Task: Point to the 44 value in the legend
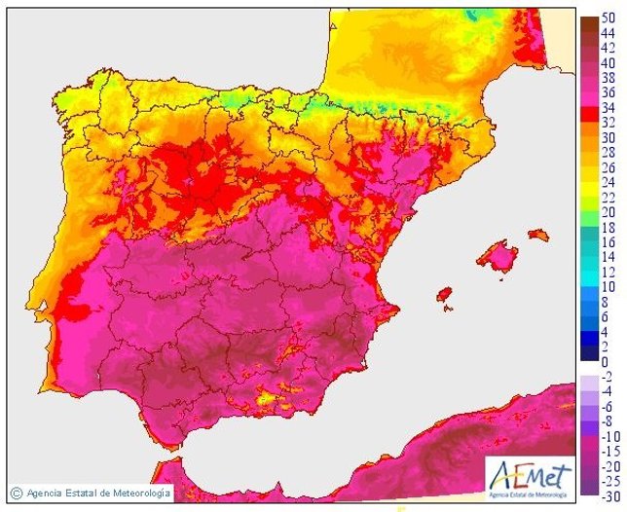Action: point(609,33)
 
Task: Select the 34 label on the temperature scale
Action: point(609,107)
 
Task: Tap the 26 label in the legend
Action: point(609,167)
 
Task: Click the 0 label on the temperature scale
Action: point(605,361)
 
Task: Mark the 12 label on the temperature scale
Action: point(609,272)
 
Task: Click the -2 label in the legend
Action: point(608,377)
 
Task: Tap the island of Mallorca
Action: point(498,257)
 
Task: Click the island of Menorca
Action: point(537,235)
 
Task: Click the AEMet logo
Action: point(525,475)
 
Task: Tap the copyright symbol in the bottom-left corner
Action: point(17,493)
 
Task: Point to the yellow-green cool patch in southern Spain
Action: point(265,397)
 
